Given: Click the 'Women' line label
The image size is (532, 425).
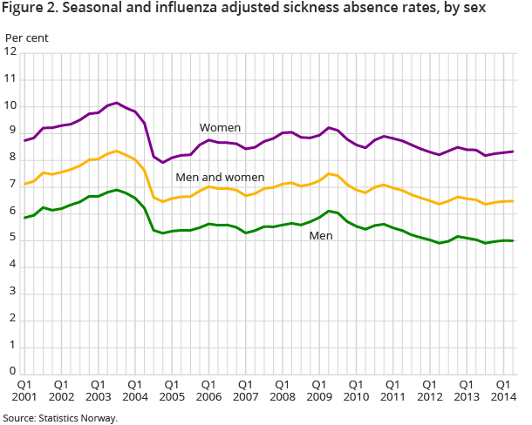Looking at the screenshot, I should point(220,128).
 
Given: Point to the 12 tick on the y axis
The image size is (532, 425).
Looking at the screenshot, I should point(10,52).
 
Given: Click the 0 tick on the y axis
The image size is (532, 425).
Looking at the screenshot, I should point(13,372).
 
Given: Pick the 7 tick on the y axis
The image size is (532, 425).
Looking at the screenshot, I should point(13,186).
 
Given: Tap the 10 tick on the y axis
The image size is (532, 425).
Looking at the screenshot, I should point(10,105).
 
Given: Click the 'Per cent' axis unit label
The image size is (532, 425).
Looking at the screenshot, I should point(27,37).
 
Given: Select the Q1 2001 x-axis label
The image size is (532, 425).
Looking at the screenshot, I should point(24,390).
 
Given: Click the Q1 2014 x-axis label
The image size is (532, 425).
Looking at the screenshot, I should point(503,390).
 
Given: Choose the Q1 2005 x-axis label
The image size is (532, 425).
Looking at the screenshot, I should point(172,390).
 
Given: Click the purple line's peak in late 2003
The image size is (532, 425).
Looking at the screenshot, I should point(117,103).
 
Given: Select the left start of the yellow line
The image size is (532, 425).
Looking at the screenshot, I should point(24,184).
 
